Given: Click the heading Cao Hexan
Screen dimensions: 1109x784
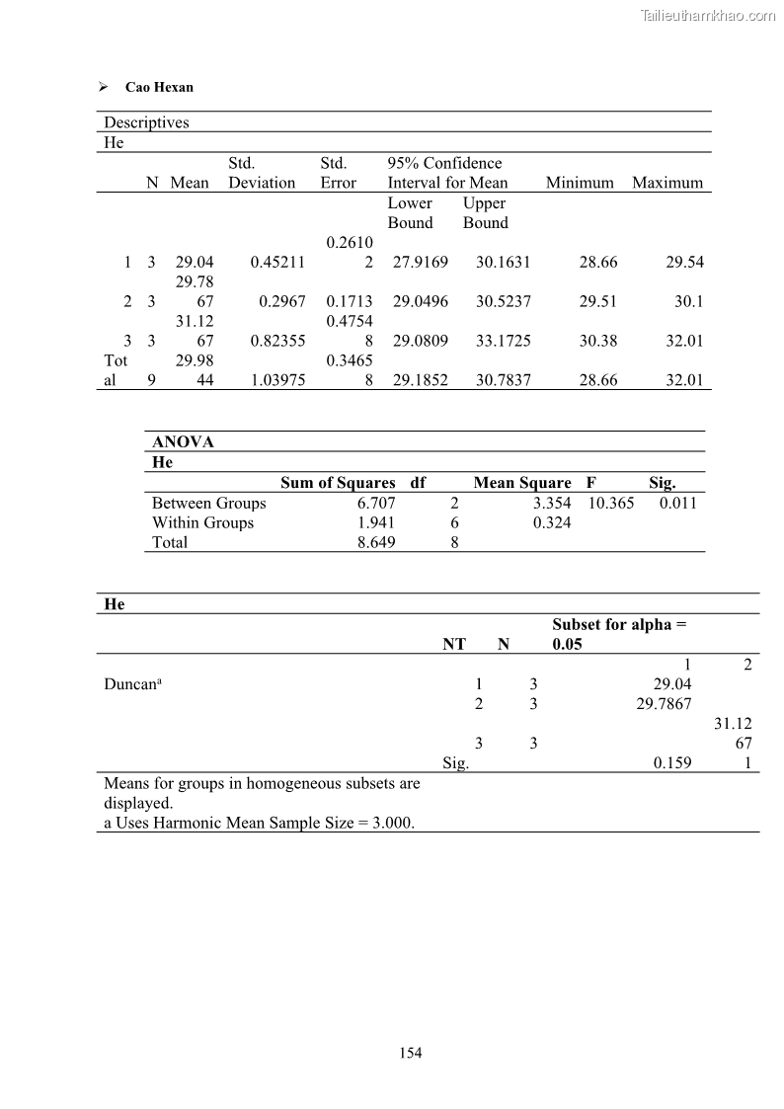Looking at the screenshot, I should [x=159, y=87].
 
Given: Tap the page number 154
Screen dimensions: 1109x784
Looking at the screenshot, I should [x=410, y=1053].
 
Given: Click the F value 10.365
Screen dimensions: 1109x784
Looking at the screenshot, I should [x=611, y=503].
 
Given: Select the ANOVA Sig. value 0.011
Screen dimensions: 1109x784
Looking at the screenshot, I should [x=677, y=503].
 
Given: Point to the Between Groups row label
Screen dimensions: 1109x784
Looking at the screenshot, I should [x=208, y=503].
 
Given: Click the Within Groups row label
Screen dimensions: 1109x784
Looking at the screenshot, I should [x=202, y=522].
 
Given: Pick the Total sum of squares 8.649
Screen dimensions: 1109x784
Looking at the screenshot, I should [x=376, y=542].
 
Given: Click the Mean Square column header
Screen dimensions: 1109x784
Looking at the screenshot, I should [x=521, y=483].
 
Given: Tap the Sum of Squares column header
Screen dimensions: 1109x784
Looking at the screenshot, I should [x=338, y=483].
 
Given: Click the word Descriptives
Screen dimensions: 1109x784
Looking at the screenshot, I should [x=146, y=122].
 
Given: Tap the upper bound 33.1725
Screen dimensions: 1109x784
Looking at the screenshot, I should [x=503, y=341].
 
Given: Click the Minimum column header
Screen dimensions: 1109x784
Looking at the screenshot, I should [x=580, y=183].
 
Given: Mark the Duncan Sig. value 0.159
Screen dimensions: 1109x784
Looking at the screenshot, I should [x=672, y=762].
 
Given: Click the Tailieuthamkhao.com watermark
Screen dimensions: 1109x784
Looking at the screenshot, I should [x=708, y=15].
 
